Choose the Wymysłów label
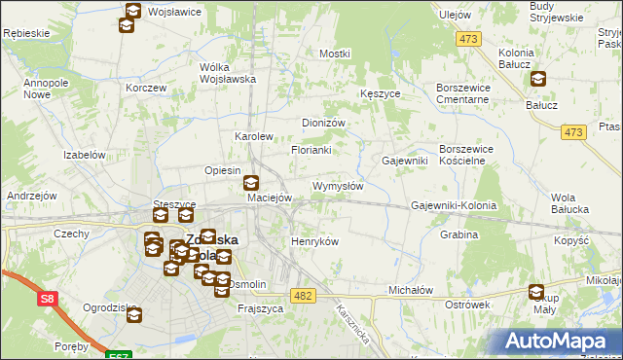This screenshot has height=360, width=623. pyautogui.click(x=337, y=186)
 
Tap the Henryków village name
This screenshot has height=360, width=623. pyautogui.click(x=314, y=241)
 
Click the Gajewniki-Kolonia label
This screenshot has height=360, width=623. pyautogui.click(x=454, y=206)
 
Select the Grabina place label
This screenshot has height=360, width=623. pyautogui.click(x=458, y=234)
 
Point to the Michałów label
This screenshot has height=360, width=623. pyautogui.click(x=410, y=290)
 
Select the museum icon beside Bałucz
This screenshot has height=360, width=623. pyautogui.click(x=538, y=81)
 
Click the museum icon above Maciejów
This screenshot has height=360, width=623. pyautogui.click(x=251, y=180)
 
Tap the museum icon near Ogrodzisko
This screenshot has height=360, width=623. pyautogui.click(x=133, y=314)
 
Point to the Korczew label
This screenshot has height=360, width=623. pyautogui.click(x=146, y=88)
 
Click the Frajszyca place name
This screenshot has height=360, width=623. pyautogui.click(x=260, y=308)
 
